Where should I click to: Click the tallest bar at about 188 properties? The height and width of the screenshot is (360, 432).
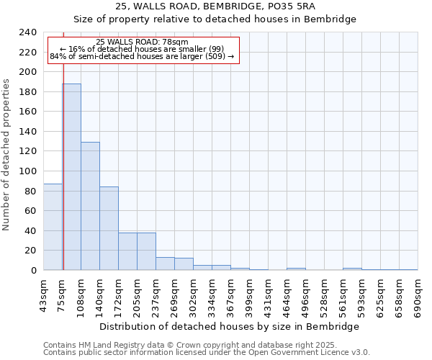pyautogui.click(x=71, y=177)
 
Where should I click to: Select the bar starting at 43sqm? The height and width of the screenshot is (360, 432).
pyautogui.click(x=53, y=227)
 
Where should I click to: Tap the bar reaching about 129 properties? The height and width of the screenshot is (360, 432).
pyautogui.click(x=90, y=206)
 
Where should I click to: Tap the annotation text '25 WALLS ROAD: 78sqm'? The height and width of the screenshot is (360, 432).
pyautogui.click(x=142, y=42)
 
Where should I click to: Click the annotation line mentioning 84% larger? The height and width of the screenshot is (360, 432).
pyautogui.click(x=142, y=56)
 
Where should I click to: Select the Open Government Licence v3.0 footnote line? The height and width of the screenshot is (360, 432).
pyautogui.click(x=207, y=353)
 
